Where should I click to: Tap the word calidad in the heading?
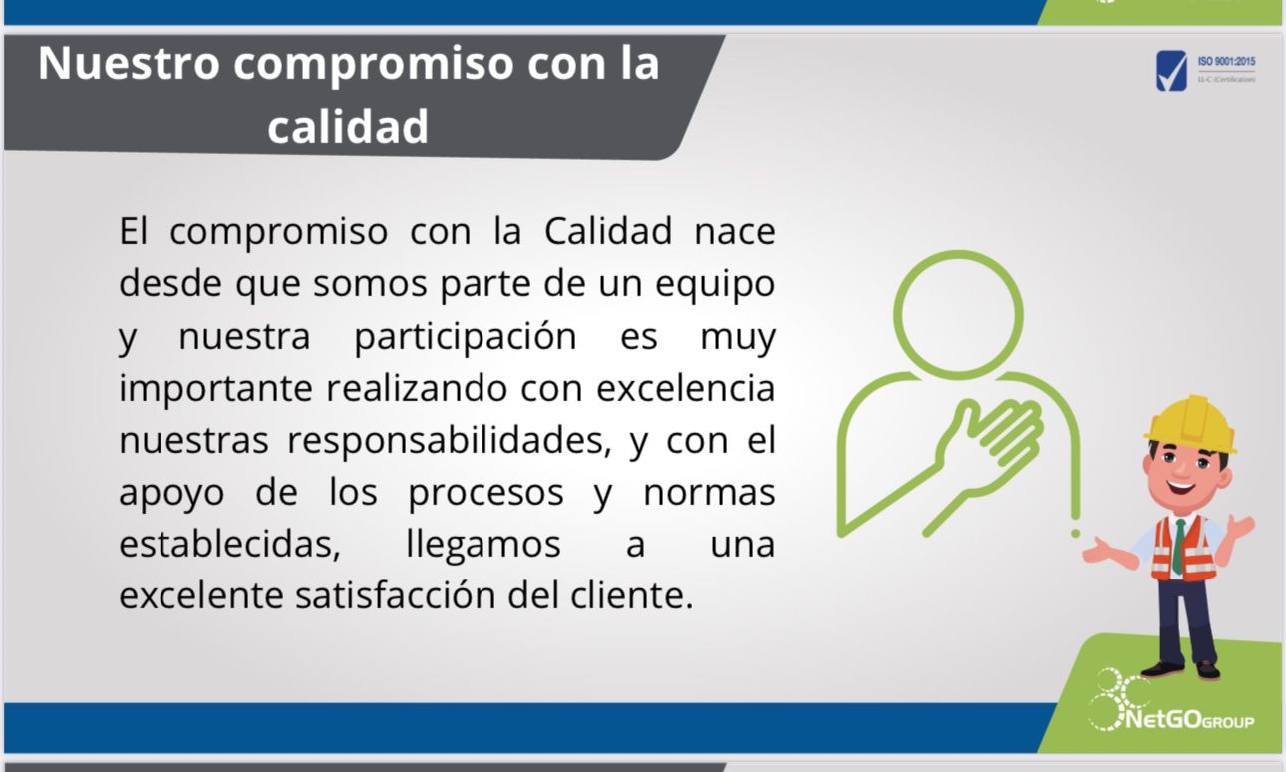coord(348,126)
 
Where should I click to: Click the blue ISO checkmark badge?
coord(1171,71)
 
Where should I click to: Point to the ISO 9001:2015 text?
coord(1226,61)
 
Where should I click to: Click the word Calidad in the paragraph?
coord(608,231)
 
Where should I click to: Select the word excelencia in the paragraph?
coord(686,388)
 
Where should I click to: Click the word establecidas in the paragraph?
coord(229,544)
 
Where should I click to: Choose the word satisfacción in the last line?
coord(396,595)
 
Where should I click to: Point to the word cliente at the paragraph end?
coord(631,595)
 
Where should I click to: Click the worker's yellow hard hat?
coord(1191,424)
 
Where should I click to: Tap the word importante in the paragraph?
coord(215,389)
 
